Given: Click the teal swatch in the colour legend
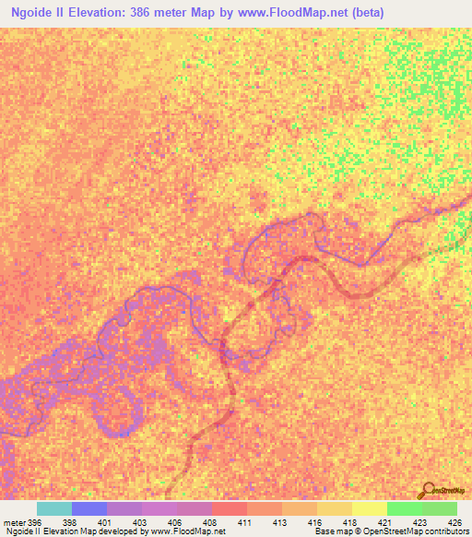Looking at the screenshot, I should click(x=53, y=508).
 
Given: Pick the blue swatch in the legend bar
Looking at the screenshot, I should click(x=88, y=508).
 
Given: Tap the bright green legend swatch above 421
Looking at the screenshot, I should click(x=404, y=508).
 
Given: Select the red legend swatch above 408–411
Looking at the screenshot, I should click(x=229, y=508).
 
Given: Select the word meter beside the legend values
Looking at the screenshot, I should click(x=13, y=522).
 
